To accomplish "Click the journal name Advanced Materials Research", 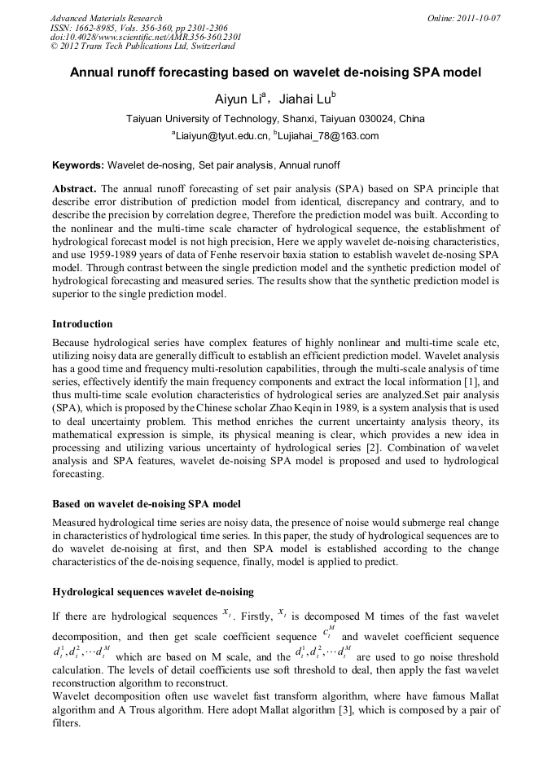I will click(106, 18).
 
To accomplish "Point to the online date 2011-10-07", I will click(479, 18).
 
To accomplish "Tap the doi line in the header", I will click(146, 37).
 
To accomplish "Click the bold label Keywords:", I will click(78, 165).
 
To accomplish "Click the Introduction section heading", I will click(82, 323).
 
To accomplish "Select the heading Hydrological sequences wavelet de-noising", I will click(153, 591).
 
